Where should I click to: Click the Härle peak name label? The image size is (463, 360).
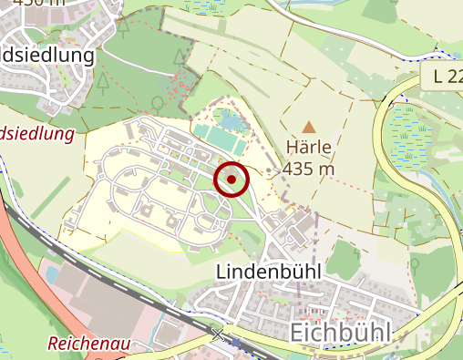[x=309, y=147]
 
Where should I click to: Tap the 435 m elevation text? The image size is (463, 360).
[x=309, y=169]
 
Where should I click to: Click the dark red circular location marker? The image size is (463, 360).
[x=232, y=180]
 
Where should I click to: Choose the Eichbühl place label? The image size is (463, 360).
[x=340, y=333]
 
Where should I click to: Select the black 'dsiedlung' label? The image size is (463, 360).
[x=50, y=56]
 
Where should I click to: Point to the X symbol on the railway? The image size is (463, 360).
[x=219, y=334]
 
